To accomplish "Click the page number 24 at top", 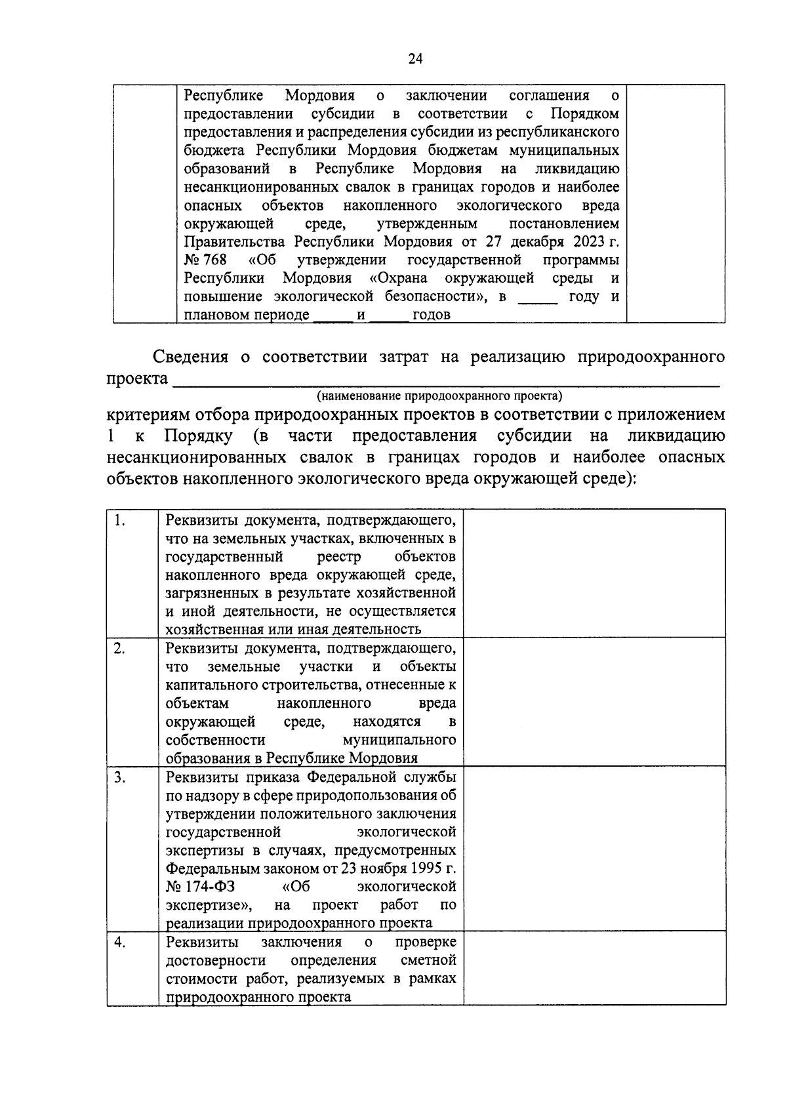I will pyautogui.click(x=415, y=59).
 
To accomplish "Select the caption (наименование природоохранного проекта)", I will pyautogui.click(x=439, y=396).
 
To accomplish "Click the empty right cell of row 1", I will pyautogui.click(x=594, y=573).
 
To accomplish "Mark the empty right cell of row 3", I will pyautogui.click(x=594, y=848).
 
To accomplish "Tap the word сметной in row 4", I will pyautogui.click(x=428, y=960).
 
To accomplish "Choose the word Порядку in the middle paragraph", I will pyautogui.click(x=198, y=437).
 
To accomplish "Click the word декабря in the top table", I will pyautogui.click(x=537, y=242).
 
